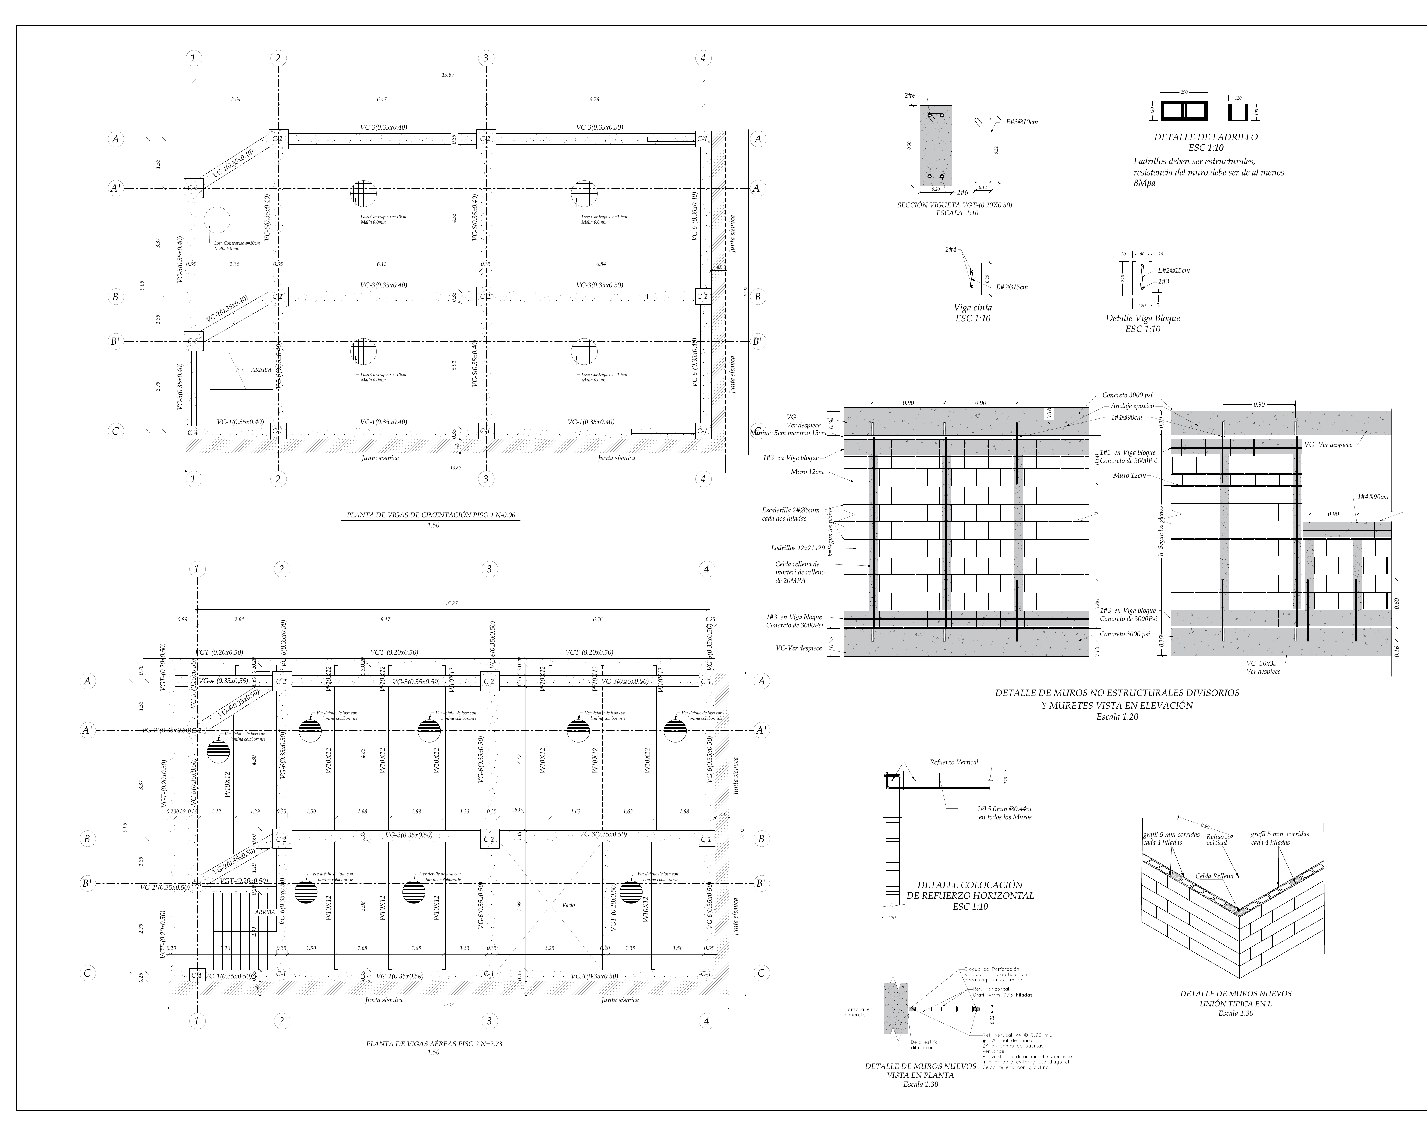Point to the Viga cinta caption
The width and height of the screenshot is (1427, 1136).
(x=972, y=307)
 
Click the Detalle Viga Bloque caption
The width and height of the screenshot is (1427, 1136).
(x=1143, y=318)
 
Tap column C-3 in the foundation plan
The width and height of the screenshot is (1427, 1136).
(x=193, y=341)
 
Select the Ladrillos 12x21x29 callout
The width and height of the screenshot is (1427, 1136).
(x=798, y=548)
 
